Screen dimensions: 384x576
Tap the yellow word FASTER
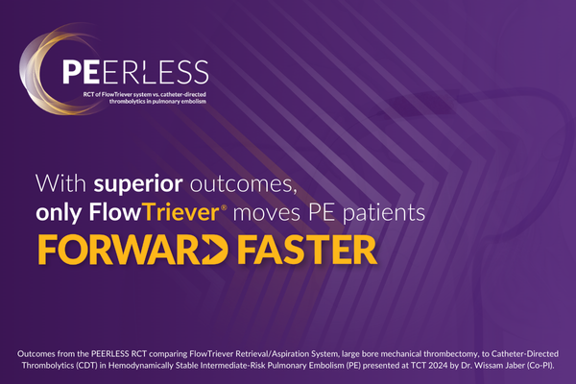300,248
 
